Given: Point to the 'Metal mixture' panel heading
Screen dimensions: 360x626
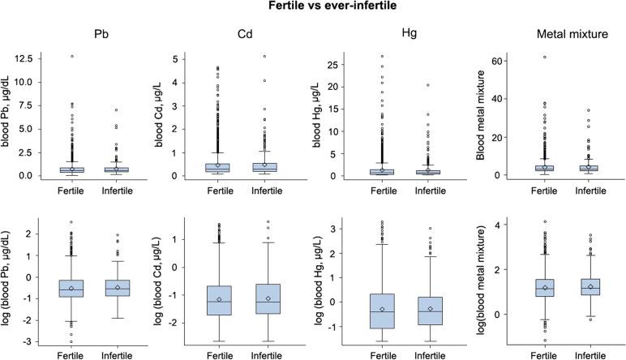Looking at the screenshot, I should pos(560,36).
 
